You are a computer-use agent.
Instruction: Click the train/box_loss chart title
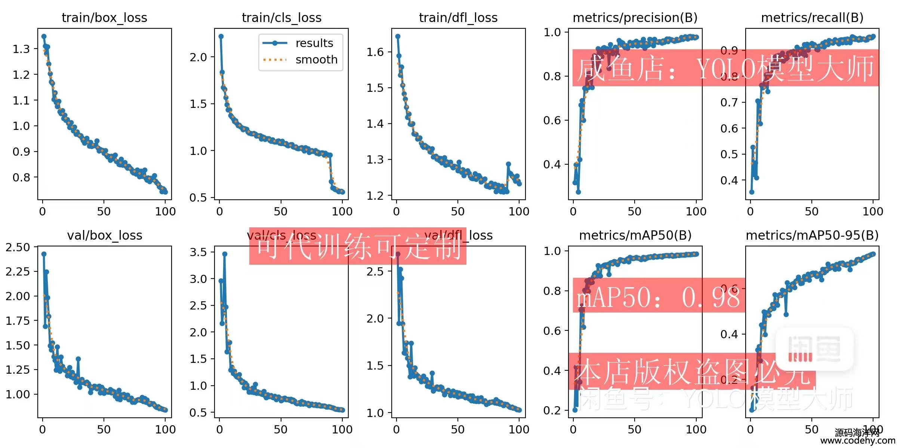(104, 18)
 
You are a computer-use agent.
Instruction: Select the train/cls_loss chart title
(281, 18)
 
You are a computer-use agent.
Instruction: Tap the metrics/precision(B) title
(635, 18)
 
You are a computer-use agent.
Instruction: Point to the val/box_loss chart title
(105, 236)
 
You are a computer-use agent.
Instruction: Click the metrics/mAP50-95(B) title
(812, 236)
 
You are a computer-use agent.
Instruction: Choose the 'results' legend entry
(314, 43)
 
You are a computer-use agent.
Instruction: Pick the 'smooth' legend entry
(316, 60)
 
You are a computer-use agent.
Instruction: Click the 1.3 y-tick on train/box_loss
(21, 49)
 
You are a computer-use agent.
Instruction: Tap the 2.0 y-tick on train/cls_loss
(198, 57)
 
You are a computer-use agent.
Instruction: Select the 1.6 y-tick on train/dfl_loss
(375, 52)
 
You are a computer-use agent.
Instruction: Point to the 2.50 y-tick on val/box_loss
(18, 248)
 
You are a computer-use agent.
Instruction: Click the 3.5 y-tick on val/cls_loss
(198, 252)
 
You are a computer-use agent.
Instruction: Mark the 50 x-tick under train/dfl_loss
(457, 212)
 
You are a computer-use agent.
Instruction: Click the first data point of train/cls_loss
(221, 37)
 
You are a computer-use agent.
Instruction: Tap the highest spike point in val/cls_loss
(225, 254)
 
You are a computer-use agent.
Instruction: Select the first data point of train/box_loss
(44, 37)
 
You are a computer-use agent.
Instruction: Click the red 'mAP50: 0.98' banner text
(658, 298)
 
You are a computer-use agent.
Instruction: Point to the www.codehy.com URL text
(857, 441)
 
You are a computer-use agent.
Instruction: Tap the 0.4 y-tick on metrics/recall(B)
(729, 181)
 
